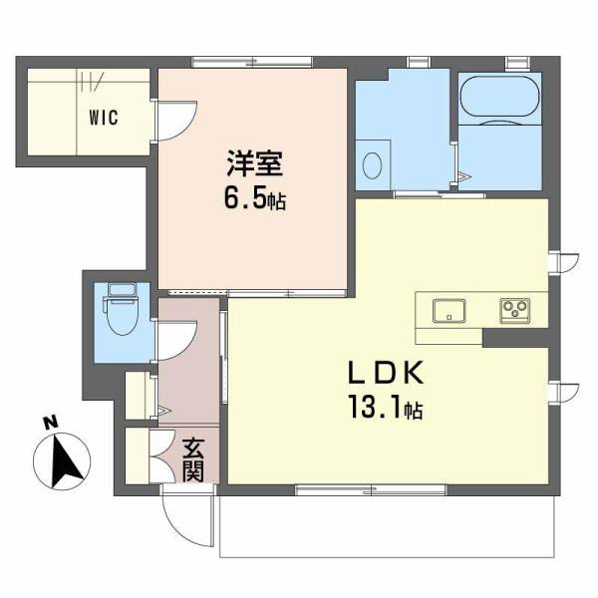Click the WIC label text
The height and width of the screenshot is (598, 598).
pos(103,118)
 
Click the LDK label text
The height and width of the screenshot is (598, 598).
pos(387,375)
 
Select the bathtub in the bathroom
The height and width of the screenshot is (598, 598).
pos(500,98)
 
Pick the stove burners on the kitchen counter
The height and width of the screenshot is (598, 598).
pos(516,309)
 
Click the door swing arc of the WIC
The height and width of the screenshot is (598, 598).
pos(175,120)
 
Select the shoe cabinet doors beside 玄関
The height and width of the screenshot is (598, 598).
pos(139,456)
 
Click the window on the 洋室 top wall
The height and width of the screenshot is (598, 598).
pos(250,62)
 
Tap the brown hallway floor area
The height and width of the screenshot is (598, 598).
pos(189,379)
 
